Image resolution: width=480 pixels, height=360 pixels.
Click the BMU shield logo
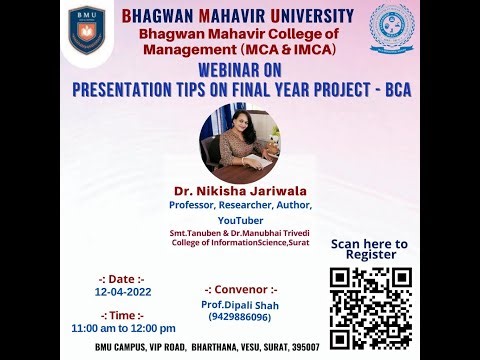[86, 30]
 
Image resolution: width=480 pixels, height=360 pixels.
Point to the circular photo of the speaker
[239, 140]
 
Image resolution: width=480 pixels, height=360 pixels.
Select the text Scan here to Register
[369, 249]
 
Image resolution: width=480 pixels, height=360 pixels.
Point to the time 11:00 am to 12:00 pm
[123, 327]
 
